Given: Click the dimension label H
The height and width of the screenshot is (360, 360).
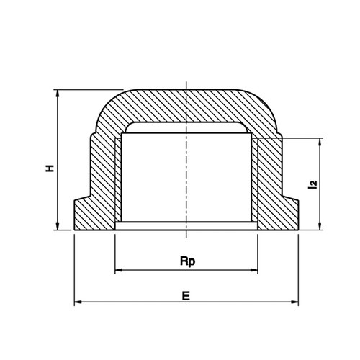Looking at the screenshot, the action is [x=50, y=168].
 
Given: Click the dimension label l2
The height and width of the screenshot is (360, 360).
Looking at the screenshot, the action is [x=312, y=184].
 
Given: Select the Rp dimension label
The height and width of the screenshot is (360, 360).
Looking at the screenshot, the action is [x=187, y=261].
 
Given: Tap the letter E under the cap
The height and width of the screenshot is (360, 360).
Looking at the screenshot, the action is [x=186, y=296].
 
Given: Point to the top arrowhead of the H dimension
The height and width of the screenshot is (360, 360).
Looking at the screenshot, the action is [x=58, y=94].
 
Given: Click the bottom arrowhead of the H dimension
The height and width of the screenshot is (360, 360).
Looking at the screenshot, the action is [x=58, y=226].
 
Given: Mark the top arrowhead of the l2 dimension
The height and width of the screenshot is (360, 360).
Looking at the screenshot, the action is [x=320, y=142].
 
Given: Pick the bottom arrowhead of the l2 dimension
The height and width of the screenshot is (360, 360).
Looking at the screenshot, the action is [x=320, y=226].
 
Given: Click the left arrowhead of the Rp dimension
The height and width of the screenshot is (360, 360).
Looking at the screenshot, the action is [x=119, y=270].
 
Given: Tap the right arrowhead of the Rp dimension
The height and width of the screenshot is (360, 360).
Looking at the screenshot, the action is [x=253, y=270].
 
